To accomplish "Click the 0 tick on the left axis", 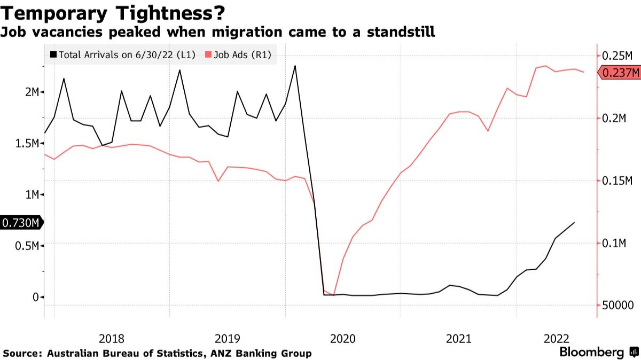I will [35, 297].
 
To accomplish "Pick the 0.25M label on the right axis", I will [617, 56].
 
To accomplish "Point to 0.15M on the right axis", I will [617, 182].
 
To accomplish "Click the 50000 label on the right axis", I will [617, 306].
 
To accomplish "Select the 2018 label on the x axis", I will [112, 338].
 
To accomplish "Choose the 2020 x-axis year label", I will [342, 338].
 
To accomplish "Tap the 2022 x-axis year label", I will [556, 338].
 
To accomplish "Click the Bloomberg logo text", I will [591, 353].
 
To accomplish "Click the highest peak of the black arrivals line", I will [295, 66].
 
